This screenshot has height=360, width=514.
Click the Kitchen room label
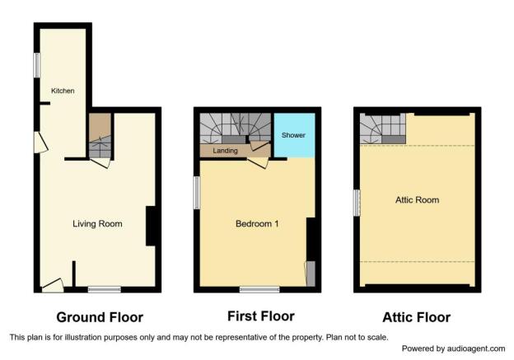pos(63,91)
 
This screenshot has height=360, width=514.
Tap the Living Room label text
pos(97,224)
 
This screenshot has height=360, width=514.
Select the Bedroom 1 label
pos(257,224)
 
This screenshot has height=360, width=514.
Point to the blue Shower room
pos(294,135)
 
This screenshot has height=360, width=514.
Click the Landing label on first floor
pos(225,151)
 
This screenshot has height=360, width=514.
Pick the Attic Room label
pos(417,200)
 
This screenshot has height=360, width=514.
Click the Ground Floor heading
pos(100,317)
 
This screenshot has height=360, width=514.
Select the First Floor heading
pos(261,316)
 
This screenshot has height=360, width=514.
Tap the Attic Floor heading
pos(416,317)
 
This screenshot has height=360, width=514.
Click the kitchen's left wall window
pos(37,65)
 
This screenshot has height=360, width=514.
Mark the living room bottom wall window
pos(105,289)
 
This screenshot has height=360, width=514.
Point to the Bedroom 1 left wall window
pos(197,193)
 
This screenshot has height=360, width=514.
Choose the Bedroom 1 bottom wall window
pos(259,289)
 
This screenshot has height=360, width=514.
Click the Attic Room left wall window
pos(357,203)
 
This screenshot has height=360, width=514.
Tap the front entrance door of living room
pos(53,286)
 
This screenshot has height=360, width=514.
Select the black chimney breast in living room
pos(151,226)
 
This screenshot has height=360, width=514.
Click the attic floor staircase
pos(383,129)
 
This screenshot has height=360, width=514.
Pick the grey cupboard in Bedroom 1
pos(311,274)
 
